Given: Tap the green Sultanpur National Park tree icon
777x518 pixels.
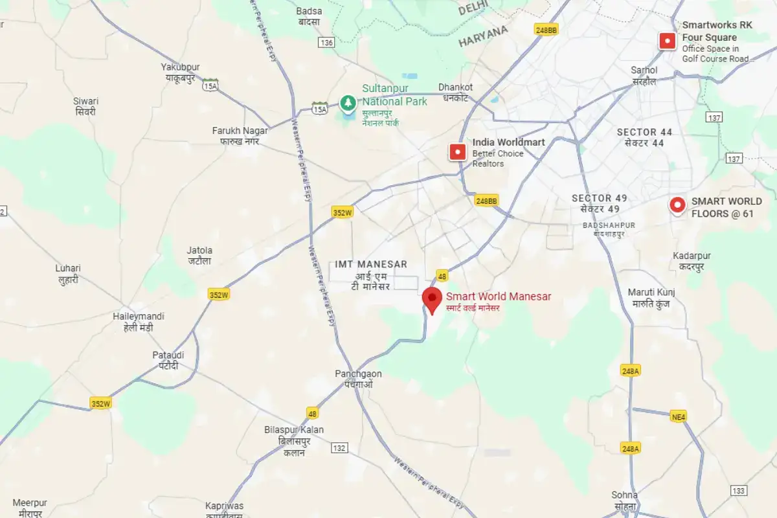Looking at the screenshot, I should click(x=348, y=103).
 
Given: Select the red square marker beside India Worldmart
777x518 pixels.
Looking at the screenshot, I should click(x=458, y=152).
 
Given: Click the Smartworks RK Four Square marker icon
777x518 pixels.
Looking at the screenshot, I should click(x=667, y=41).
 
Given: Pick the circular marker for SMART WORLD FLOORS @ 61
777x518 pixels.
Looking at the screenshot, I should click(x=677, y=205).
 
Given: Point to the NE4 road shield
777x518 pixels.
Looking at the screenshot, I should click(x=678, y=417).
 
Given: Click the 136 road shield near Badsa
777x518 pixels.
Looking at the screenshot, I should click(x=326, y=43).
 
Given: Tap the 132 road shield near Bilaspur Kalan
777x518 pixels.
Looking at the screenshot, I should click(x=339, y=448).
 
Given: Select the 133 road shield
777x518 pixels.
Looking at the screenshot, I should click(x=738, y=491).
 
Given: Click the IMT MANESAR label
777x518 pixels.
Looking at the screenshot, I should click(x=371, y=264).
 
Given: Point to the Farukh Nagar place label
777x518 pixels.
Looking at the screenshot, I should click(x=240, y=131).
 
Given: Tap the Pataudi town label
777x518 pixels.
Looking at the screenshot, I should click(x=168, y=355).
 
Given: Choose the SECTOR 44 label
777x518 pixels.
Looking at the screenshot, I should click(x=644, y=132).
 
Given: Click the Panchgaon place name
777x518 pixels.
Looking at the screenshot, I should click(x=358, y=374).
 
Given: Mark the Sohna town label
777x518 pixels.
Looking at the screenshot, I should click(x=624, y=495).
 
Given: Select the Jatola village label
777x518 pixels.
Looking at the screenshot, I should click(x=199, y=251).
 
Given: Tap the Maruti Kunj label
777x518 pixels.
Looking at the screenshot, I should click(x=651, y=293).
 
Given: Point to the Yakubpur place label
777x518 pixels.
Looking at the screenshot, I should click(x=180, y=67).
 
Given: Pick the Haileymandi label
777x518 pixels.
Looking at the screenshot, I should click(x=139, y=317).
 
